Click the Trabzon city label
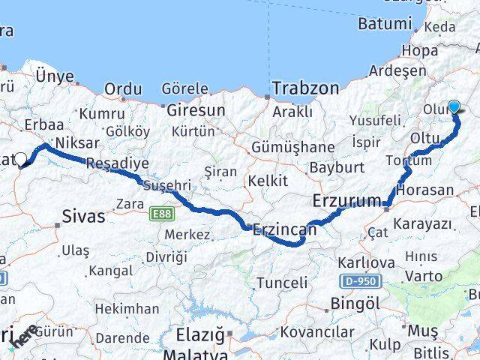click(x=305, y=88)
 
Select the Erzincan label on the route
click(x=285, y=230)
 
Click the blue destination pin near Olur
click(x=454, y=107)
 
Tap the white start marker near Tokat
click(x=21, y=159)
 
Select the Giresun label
click(x=196, y=109)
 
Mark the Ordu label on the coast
click(x=123, y=89)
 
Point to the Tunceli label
click(x=282, y=283)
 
